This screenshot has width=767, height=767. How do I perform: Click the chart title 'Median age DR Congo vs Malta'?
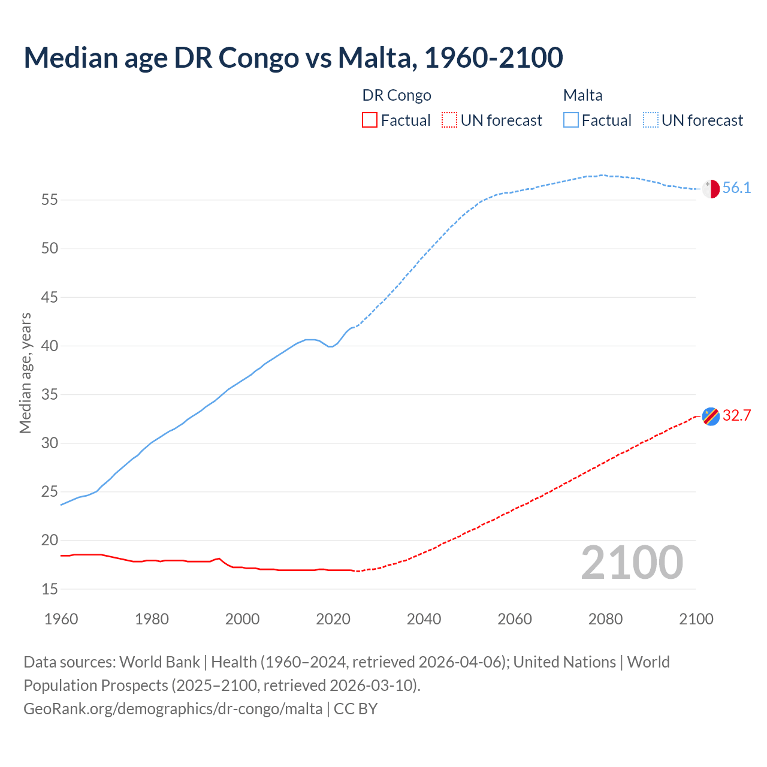pos(293,58)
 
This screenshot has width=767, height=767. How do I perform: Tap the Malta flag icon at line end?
pos(711,189)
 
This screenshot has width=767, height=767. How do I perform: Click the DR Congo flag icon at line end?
pos(711,416)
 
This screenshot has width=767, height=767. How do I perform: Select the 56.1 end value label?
pos(736,188)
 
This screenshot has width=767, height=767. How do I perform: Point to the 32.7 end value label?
pos(736,416)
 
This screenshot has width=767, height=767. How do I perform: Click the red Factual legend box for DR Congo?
pos(370,120)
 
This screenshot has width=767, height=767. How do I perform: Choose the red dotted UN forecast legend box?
pos(449,120)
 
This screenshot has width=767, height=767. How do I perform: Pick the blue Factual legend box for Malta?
pos(571,120)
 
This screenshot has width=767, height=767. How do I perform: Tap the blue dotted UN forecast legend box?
pos(651,120)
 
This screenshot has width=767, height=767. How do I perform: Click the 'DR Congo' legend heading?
pos(397,95)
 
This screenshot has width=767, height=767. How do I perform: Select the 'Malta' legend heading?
pos(582,95)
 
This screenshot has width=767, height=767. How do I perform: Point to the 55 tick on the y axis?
pos(50,200)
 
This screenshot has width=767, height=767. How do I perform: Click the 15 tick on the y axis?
pos(50,589)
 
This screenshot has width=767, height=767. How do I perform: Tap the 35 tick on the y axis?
pos(50,394)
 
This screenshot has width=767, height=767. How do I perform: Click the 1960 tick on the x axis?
pos(61,619)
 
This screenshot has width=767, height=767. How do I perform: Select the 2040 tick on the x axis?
pos(424,619)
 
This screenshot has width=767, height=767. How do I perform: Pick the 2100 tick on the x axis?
pos(696,619)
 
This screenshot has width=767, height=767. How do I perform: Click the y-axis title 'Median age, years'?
pos(25,373)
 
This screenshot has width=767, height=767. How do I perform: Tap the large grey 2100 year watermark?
pos(632,562)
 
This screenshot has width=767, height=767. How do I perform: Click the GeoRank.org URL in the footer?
pos(173,709)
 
